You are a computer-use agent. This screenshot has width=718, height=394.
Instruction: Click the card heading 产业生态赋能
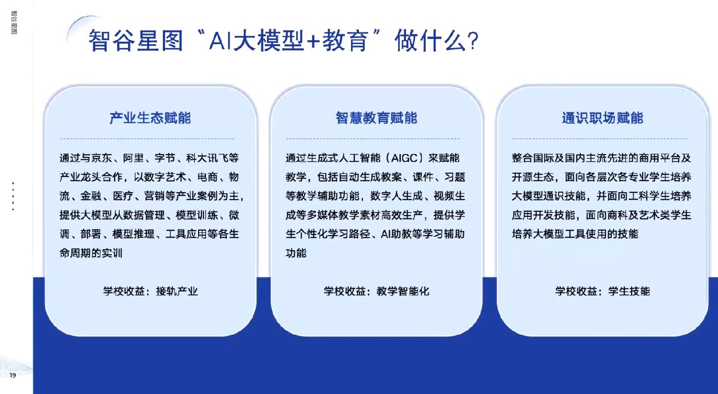point(150,118)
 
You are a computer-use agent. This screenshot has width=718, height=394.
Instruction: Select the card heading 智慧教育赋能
point(376,118)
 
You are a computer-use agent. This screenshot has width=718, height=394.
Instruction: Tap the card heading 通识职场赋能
point(603,118)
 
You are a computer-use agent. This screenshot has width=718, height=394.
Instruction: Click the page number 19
point(13,375)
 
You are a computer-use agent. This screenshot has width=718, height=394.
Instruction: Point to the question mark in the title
point(473,41)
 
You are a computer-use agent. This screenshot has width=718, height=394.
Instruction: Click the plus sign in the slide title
point(313,42)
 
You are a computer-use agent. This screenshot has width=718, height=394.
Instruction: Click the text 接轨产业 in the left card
point(177,291)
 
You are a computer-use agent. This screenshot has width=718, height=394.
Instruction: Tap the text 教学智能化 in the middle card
point(403,291)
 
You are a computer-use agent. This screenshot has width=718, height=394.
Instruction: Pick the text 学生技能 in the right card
point(629,291)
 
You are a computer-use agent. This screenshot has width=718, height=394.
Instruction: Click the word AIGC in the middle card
point(405,158)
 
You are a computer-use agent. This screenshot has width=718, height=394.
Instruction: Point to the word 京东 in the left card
point(102,158)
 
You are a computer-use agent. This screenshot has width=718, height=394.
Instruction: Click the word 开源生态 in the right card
point(533,177)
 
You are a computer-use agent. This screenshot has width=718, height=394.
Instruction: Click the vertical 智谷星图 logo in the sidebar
point(14,23)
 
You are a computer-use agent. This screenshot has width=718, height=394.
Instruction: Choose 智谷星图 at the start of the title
point(135,41)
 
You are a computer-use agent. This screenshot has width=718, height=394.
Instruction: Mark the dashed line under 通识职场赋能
point(600,139)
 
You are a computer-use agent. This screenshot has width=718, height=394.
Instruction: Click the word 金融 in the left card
point(91,196)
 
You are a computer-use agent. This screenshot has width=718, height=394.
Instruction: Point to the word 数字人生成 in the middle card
point(396,196)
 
